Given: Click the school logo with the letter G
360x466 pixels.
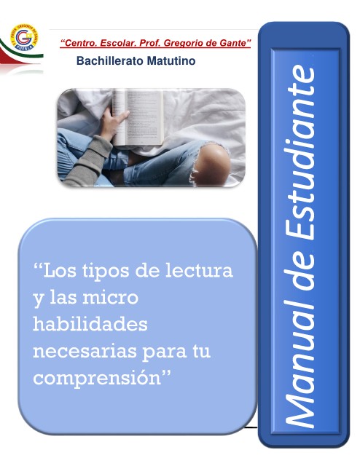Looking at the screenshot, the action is pyautogui.click(x=25, y=37).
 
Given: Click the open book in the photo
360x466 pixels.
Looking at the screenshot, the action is pyautogui.click(x=138, y=118).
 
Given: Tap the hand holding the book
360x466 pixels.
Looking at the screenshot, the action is pyautogui.click(x=114, y=123).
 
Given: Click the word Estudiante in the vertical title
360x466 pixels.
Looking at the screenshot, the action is pyautogui.click(x=300, y=154).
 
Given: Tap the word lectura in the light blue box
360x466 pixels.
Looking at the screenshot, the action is pyautogui.click(x=199, y=270).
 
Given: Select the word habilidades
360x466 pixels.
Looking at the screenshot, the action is pyautogui.click(x=90, y=324).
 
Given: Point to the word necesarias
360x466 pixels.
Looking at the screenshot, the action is pyautogui.click(x=85, y=352).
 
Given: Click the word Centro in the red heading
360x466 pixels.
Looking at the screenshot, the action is pyautogui.click(x=80, y=43).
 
